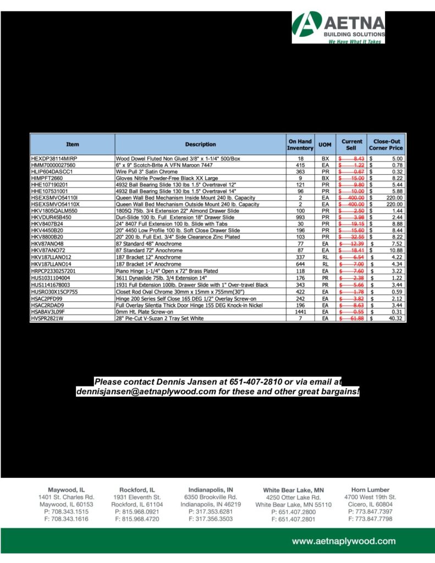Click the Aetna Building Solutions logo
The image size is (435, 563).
(x=338, y=27)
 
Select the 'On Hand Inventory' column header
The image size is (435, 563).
(x=300, y=145)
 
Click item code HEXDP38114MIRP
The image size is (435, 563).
(x=54, y=159)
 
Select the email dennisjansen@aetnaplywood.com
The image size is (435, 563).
(x=144, y=392)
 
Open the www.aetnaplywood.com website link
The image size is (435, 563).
(x=344, y=542)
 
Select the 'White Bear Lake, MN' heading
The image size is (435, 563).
(x=293, y=490)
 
